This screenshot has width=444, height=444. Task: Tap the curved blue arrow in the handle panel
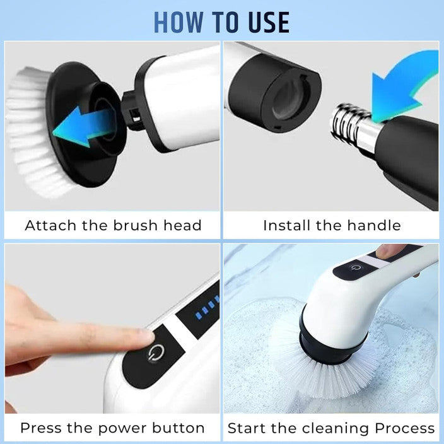click(x=404, y=88)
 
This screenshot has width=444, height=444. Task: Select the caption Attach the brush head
click(x=113, y=225)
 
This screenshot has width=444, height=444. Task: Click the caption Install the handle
click(x=332, y=225)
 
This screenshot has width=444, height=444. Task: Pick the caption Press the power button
click(x=112, y=428)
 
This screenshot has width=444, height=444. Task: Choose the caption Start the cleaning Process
click(x=331, y=428)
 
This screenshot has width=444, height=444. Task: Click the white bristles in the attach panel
click(x=28, y=126)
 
